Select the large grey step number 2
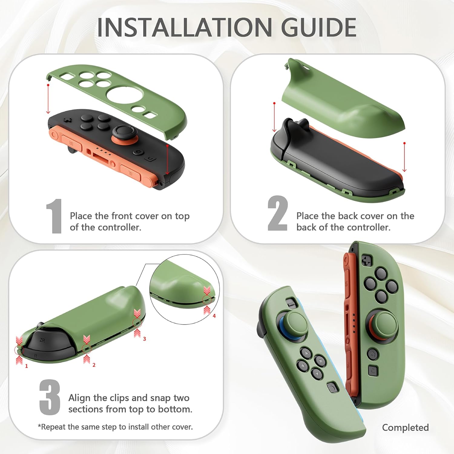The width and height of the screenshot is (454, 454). tap(277, 213)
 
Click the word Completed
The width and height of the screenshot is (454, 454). tap(405, 427)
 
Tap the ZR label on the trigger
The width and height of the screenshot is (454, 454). tap(42, 340)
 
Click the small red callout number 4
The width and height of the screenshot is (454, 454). tap(214, 316)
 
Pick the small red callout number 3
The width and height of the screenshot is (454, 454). tap(144, 339)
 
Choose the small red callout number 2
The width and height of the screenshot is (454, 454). tap(94, 365)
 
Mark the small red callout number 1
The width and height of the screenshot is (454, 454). tap(26, 366)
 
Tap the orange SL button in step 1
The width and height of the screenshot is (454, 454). tap(130, 173)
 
